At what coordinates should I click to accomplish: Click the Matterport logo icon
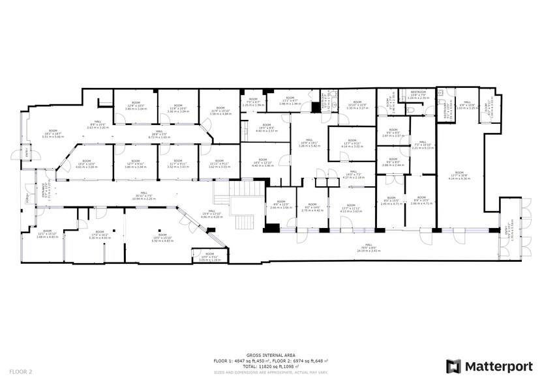(453, 366)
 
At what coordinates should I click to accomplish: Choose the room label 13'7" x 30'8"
(460, 176)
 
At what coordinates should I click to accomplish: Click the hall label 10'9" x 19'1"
(310, 145)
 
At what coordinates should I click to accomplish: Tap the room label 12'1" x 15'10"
(48, 235)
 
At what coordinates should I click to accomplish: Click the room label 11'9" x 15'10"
(220, 111)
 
